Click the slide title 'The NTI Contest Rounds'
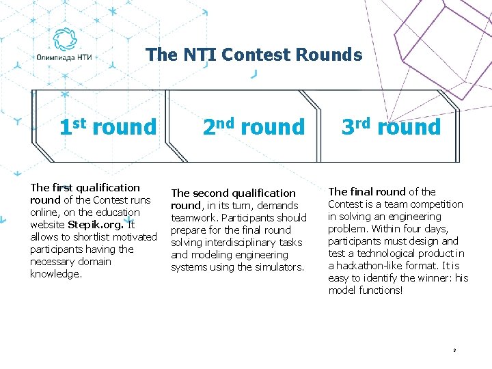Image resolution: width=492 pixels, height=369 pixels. click(254, 55)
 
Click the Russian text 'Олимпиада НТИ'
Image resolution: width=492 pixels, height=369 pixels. click(64, 59)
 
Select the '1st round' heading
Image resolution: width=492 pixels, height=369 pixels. click(108, 126)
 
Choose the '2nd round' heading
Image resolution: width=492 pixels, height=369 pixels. click(254, 126)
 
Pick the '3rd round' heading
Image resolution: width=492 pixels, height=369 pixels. click(392, 126)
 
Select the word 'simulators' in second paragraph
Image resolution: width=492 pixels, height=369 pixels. click(277, 267)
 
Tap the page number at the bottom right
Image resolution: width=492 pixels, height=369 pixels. click(454, 351)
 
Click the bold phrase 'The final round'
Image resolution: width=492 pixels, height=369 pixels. click(367, 192)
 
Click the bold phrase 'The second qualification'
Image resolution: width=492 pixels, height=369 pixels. click(233, 193)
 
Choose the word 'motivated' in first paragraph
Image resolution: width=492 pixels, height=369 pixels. click(133, 237)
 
